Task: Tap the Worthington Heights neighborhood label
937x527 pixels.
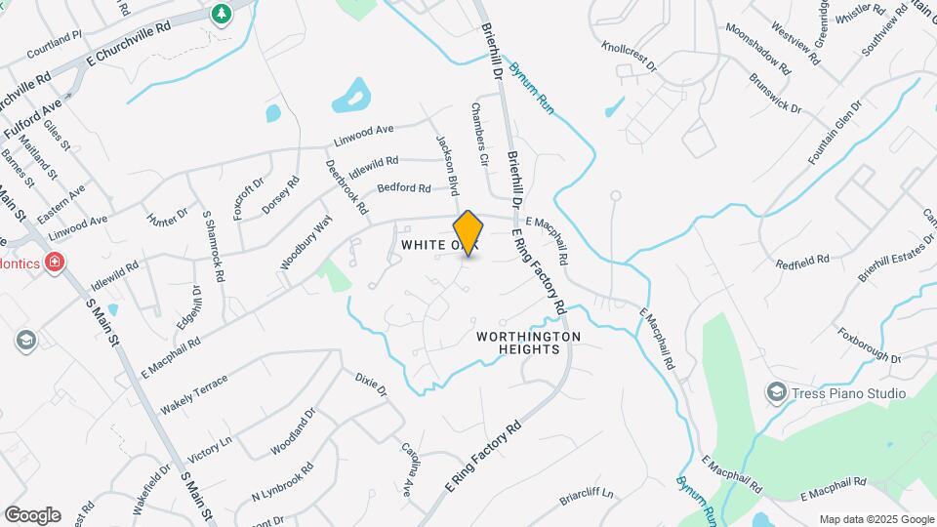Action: coord(528,343)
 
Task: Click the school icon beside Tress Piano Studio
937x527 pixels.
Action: coord(776,392)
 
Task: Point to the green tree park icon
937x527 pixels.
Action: coord(222,13)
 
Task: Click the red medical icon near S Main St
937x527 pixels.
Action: coord(55,262)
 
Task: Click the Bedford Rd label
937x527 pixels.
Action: coord(403,187)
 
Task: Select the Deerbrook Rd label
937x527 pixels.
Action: coord(347,187)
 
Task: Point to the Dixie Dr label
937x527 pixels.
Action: coord(371,384)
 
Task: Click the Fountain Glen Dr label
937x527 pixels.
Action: coord(835,132)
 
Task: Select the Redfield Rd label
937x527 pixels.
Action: coord(801,262)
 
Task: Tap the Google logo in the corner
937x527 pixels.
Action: coord(32,514)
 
